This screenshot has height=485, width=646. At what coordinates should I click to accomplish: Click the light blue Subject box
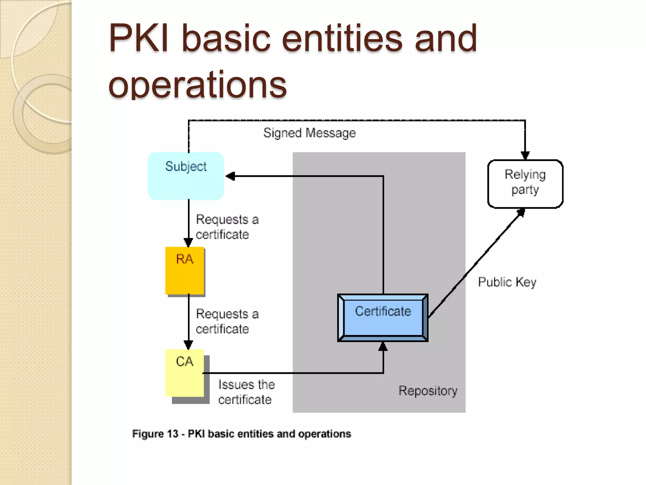point(186,176)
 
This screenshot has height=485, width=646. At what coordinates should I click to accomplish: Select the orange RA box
point(185,271)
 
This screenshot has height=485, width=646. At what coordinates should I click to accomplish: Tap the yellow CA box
point(185,373)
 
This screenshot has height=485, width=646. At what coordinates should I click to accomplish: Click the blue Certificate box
point(383,318)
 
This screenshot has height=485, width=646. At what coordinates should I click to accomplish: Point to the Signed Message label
point(309,133)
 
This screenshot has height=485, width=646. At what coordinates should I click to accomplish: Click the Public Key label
point(507,282)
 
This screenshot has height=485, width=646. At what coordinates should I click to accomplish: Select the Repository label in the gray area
point(428,391)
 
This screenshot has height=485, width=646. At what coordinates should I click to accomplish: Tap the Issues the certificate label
point(246,392)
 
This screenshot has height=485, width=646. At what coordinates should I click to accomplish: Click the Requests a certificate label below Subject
point(227,227)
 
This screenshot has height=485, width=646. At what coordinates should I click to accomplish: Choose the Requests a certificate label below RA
point(227,321)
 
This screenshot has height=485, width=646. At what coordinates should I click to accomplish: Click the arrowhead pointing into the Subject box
point(231,176)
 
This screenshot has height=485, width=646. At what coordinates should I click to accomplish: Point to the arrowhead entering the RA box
point(188,243)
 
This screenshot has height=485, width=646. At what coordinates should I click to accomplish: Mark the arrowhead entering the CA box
point(188,345)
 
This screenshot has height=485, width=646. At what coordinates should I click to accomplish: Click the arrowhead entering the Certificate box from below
point(383,346)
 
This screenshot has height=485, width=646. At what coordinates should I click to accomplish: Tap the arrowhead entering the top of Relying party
point(525,155)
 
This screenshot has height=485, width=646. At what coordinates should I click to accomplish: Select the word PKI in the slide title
point(139,39)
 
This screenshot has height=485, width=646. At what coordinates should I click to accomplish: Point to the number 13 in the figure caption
point(173,434)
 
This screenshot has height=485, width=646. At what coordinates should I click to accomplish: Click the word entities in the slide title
point(342,39)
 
